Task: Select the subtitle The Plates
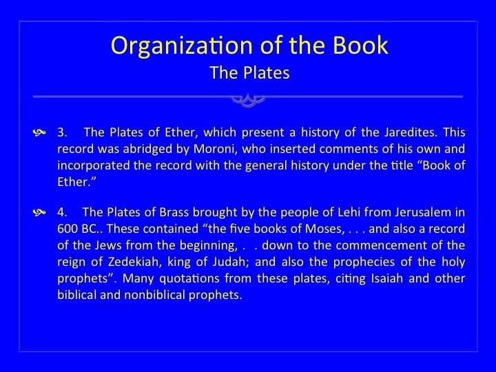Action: (x=249, y=72)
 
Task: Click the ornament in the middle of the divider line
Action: (x=248, y=100)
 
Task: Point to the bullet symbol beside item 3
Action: (x=39, y=132)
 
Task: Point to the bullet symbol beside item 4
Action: (x=39, y=212)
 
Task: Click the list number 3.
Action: (x=62, y=132)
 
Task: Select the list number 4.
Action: (x=62, y=212)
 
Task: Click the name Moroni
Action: (x=215, y=149)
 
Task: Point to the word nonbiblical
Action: (x=154, y=295)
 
